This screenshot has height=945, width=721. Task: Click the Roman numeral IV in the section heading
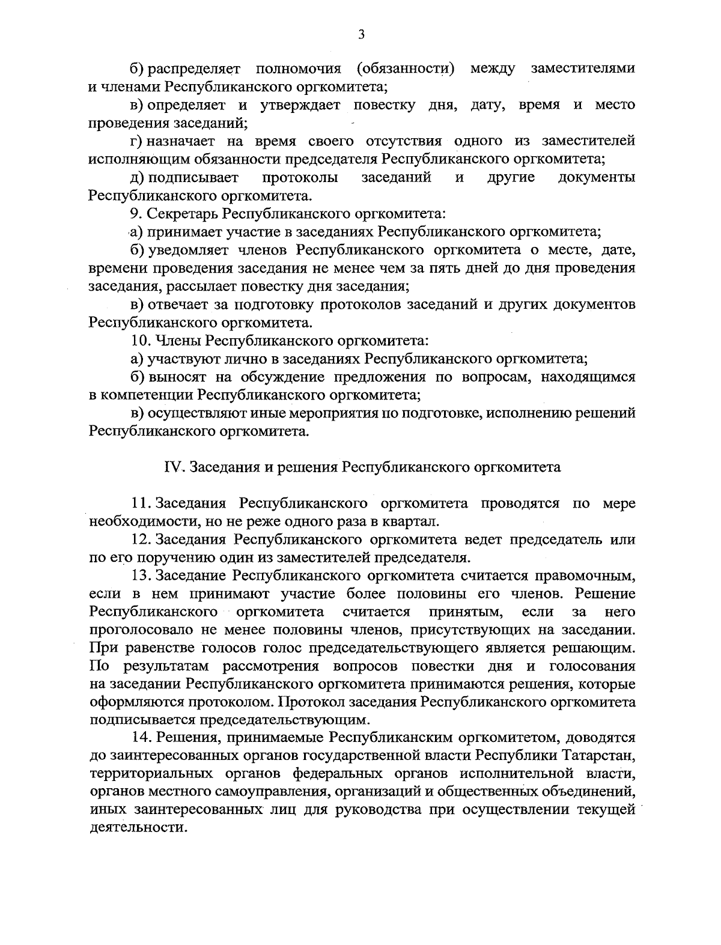click(x=173, y=467)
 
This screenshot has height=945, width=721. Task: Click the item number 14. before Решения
click(x=142, y=737)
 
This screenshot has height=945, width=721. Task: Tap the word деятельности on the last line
click(x=135, y=827)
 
